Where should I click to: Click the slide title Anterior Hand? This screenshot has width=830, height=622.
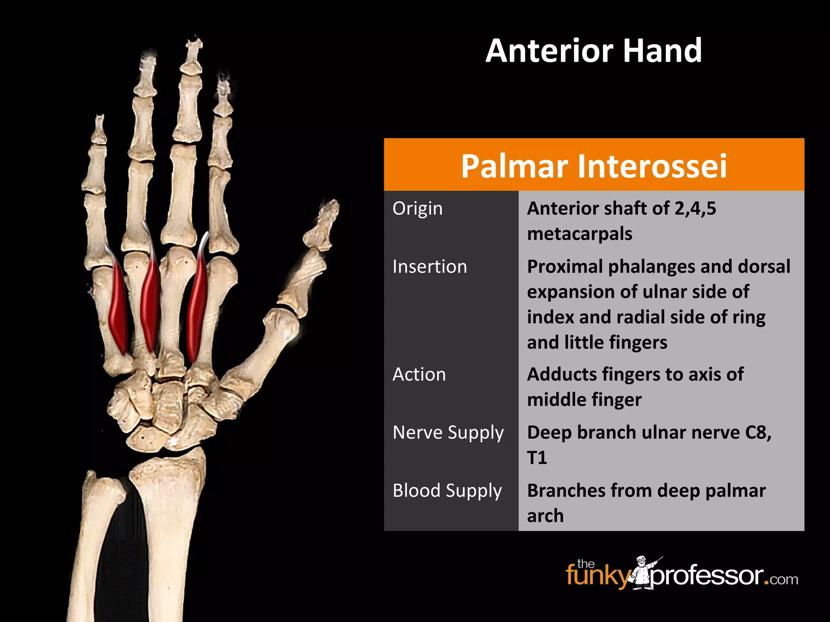(594, 51)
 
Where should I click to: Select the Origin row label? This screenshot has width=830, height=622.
(417, 209)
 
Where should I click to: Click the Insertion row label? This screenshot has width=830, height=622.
(430, 267)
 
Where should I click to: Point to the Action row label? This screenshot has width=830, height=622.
(419, 375)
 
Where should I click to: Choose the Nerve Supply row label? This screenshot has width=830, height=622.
(448, 432)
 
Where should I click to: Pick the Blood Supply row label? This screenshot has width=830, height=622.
(447, 491)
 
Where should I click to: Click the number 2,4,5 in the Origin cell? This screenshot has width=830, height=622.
(695, 209)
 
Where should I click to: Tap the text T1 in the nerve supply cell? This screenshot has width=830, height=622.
(537, 458)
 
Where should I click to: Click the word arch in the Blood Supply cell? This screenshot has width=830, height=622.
(545, 516)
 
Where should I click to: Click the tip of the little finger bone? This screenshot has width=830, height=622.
(99, 119)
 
